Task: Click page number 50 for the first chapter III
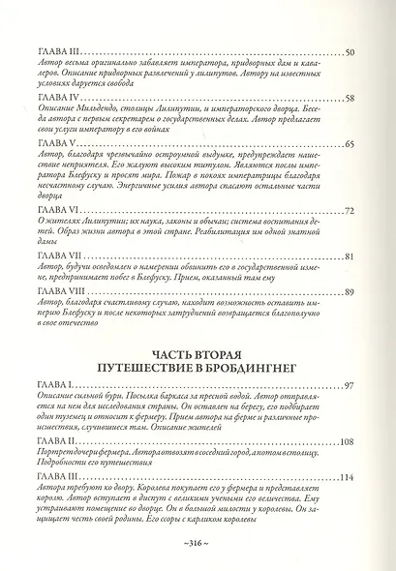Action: pyautogui.click(x=350, y=51)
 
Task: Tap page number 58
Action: pyautogui.click(x=350, y=99)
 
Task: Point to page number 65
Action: pyautogui.click(x=350, y=144)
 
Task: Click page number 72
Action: pyautogui.click(x=350, y=211)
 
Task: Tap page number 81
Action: pyautogui.click(x=350, y=255)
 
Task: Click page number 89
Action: pyautogui.click(x=350, y=291)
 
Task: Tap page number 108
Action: pyautogui.click(x=348, y=441)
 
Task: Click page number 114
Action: pyautogui.click(x=348, y=476)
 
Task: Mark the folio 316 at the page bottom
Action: pyautogui.click(x=198, y=546)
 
